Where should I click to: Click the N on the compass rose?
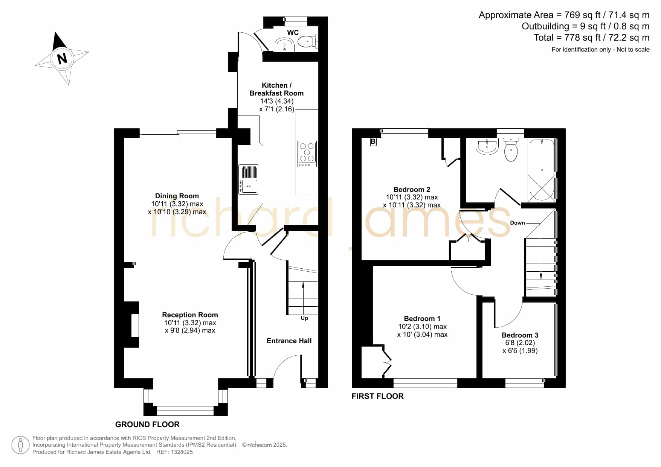point(62,59)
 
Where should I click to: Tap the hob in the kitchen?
point(307,154)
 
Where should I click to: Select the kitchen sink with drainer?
point(249,179)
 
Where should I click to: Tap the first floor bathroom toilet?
point(511,149)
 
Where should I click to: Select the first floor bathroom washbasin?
point(487,146)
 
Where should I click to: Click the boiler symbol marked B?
point(373,142)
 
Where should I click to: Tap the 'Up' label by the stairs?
point(304,318)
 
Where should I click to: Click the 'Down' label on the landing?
point(518,223)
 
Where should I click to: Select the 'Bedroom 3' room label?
point(520,335)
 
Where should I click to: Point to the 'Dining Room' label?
point(177,196)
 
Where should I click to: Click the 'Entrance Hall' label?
point(289,341)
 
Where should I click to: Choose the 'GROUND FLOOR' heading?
point(147,424)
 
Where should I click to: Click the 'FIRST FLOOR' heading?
point(377,396)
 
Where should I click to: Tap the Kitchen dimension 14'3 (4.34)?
point(277,101)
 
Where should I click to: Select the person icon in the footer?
point(20,445)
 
